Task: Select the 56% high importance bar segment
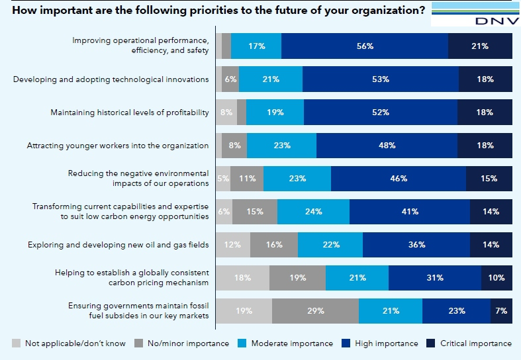(365, 46)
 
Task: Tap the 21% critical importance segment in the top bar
(480, 46)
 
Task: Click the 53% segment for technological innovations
(381, 79)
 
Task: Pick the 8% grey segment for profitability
(226, 112)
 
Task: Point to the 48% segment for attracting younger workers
(387, 146)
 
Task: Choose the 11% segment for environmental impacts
(247, 179)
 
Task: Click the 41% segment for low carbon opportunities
(410, 212)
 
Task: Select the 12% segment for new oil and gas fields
(233, 245)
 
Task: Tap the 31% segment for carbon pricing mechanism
(435, 278)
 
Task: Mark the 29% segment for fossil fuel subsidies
(316, 311)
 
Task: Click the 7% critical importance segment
(501, 311)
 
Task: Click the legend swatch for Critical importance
(430, 343)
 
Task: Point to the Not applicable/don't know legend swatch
(16, 343)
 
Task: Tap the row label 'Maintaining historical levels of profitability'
(130, 112)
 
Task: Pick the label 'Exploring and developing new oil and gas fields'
(118, 245)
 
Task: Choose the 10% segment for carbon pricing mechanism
(497, 278)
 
